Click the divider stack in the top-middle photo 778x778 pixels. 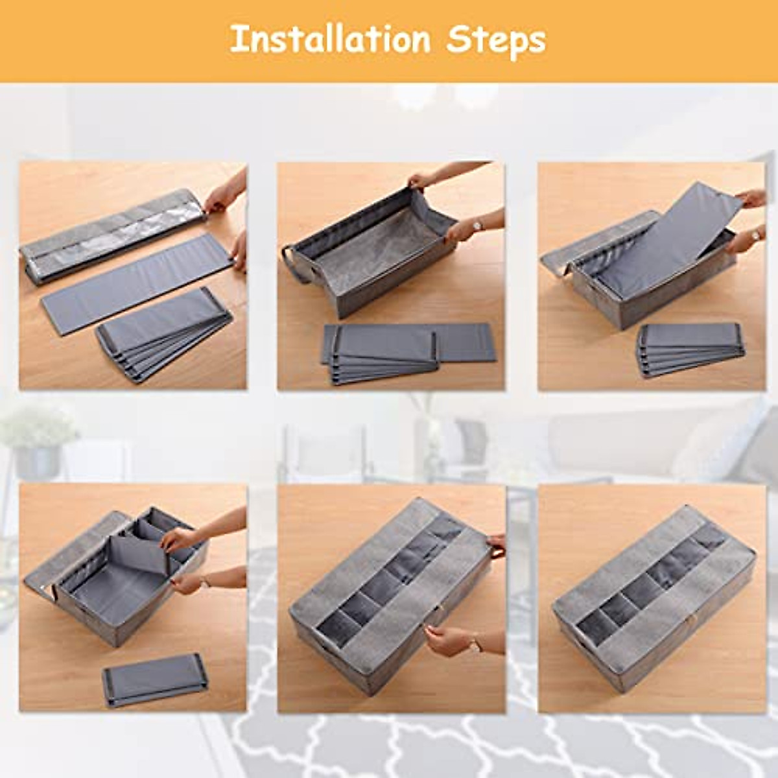point(383,353)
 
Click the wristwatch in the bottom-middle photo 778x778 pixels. point(477,643)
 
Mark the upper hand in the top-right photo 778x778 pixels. point(752,198)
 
